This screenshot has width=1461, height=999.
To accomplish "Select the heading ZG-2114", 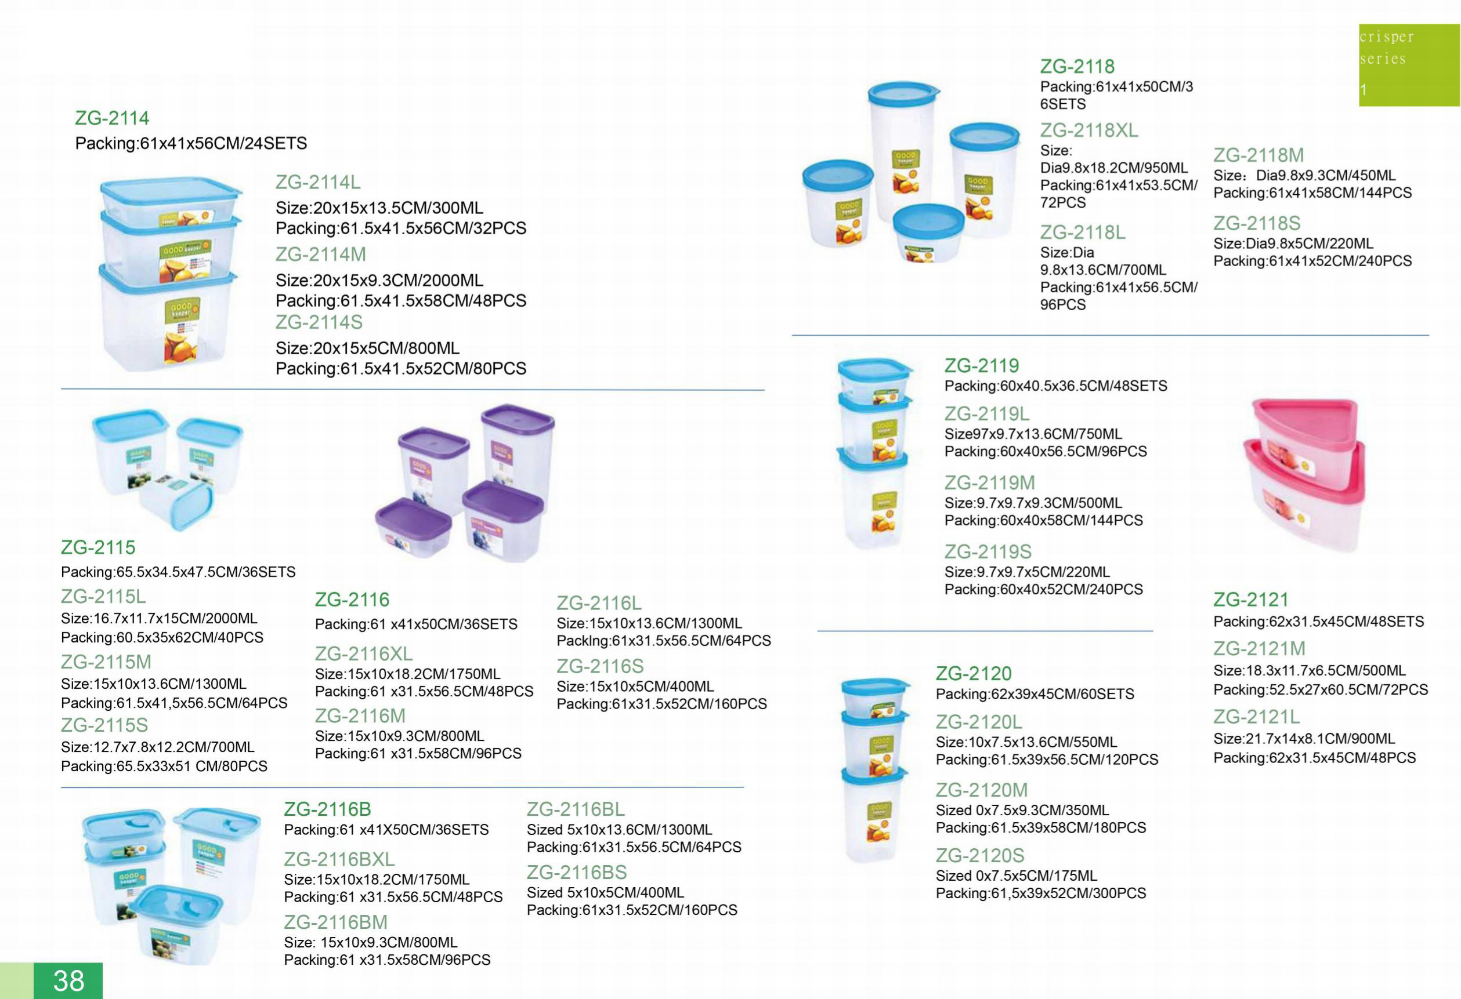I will [112, 118].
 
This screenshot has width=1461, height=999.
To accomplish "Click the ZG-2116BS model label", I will [577, 872].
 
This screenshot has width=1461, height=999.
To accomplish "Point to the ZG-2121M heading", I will [1259, 648].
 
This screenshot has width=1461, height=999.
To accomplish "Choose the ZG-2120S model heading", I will [979, 855].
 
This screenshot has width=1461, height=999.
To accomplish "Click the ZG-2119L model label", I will [986, 414].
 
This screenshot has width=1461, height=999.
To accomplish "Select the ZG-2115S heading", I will [104, 725].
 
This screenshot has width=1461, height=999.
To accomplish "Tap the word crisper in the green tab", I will [1386, 37].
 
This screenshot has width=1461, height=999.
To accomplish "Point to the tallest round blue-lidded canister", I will [903, 151].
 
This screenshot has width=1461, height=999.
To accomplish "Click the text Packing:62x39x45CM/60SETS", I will [1035, 693].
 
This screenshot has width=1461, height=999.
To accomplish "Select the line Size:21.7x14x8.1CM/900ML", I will [1304, 739].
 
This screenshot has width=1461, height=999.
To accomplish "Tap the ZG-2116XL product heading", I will [363, 654].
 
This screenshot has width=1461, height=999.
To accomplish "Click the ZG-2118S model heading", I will [1257, 223].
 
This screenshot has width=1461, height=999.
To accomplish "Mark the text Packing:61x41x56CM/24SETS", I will [191, 143].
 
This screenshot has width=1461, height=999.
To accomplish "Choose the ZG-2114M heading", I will [321, 255].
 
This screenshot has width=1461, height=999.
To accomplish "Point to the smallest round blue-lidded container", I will [928, 231].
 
